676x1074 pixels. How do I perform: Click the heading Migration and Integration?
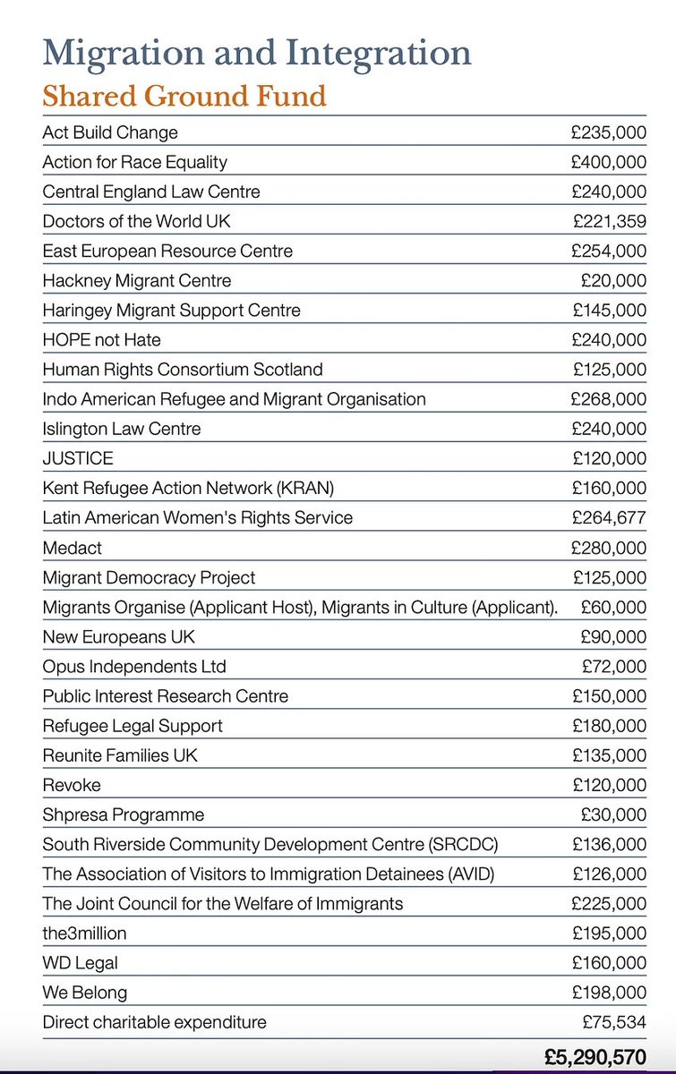pyautogui.click(x=256, y=53)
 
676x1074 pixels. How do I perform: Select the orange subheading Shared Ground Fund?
pyautogui.click(x=184, y=95)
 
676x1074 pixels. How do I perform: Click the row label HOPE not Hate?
pyautogui.click(x=102, y=340)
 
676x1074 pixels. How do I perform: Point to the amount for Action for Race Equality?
pyautogui.click(x=609, y=162)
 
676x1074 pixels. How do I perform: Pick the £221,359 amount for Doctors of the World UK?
pyautogui.click(x=609, y=221)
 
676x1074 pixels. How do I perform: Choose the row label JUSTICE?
pyautogui.click(x=78, y=458)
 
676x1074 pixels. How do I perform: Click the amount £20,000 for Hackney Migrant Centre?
pyautogui.click(x=613, y=281)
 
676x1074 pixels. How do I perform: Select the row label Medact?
pyautogui.click(x=73, y=548)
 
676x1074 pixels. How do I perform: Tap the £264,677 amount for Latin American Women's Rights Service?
pyautogui.click(x=609, y=517)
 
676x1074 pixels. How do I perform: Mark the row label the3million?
pyautogui.click(x=84, y=933)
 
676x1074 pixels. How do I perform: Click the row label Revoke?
pyautogui.click(x=72, y=785)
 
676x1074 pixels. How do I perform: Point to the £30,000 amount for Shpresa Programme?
pyautogui.click(x=613, y=814)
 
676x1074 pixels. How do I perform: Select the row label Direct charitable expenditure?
pyautogui.click(x=154, y=1022)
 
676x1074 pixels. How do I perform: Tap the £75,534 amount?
pyautogui.click(x=613, y=1022)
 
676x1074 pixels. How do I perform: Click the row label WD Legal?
pyautogui.click(x=81, y=963)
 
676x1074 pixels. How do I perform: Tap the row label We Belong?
pyautogui.click(x=85, y=993)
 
